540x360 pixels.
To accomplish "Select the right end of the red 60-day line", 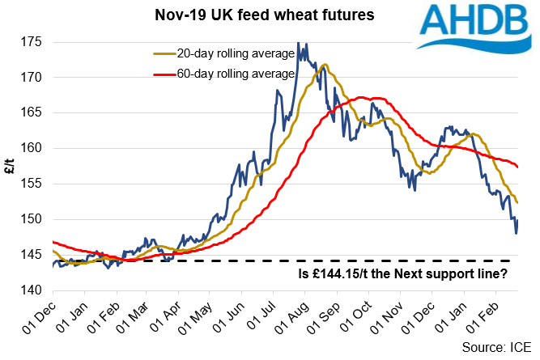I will click(x=518, y=167).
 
